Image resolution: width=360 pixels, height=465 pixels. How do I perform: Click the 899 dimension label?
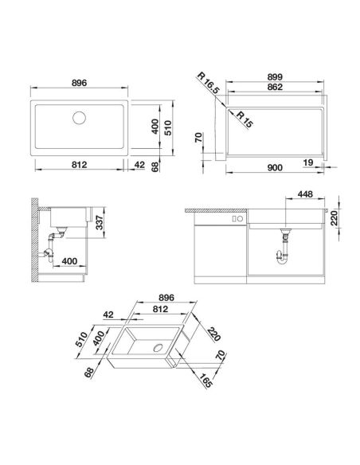coord(275,76)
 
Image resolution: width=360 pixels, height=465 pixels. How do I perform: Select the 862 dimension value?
coord(275,87)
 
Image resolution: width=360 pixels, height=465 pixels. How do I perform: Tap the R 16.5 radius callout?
coord(208,84)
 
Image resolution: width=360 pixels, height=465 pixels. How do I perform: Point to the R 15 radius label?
coord(244,119)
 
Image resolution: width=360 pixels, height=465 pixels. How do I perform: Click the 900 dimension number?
coord(275,167)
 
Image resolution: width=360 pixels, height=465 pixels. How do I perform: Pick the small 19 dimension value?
coord(308,162)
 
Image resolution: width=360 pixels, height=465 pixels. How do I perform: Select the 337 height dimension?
coord(100,222)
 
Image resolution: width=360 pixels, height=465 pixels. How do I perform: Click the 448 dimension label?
coord(305,194)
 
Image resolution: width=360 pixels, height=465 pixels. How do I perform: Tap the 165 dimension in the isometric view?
coord(205,381)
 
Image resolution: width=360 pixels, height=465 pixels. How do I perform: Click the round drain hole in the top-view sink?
coord(79,118)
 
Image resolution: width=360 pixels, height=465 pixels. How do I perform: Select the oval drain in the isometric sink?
coord(158,348)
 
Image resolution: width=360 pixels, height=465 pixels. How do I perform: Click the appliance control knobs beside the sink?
coord(237,219)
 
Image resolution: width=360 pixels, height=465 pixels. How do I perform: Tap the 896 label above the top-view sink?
coord(79,83)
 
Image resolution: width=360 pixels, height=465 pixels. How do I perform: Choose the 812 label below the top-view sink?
coord(79,165)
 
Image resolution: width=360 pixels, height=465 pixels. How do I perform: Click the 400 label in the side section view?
coord(69,261)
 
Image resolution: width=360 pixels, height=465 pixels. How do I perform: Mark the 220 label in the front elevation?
coord(335,218)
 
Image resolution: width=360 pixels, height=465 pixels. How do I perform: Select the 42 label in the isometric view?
coord(108,315)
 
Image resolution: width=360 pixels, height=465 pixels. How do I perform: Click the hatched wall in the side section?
coord(35,240)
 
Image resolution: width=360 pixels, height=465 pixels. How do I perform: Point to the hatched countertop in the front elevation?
coord(216,210)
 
